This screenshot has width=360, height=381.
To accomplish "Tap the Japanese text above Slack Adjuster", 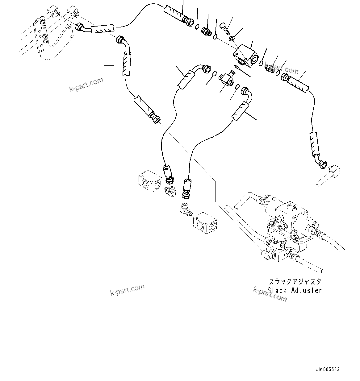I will [x=295, y=282].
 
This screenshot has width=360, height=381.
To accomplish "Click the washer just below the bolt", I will [x=232, y=39].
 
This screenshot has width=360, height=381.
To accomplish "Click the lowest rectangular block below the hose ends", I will [x=205, y=222].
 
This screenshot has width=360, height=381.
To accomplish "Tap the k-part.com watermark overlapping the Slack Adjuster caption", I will [x=270, y=294].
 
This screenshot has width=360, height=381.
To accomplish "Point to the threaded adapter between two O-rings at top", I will [x=206, y=31].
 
